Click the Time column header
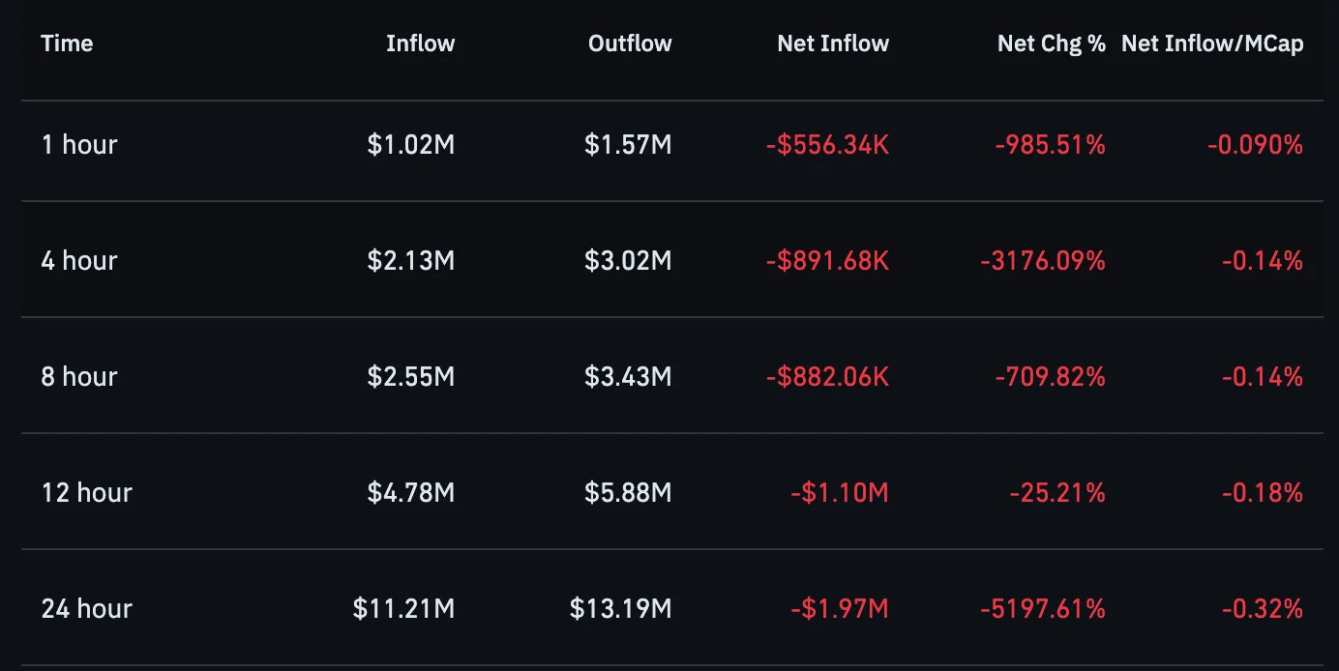(x=67, y=44)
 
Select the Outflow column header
(x=630, y=44)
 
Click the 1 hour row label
(x=79, y=145)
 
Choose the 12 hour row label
(x=87, y=493)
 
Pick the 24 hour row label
(x=87, y=609)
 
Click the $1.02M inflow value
(x=410, y=145)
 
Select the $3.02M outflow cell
(x=628, y=260)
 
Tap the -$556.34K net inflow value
(x=827, y=145)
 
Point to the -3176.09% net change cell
(x=1043, y=260)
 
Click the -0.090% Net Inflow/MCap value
(x=1256, y=145)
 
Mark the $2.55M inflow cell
(x=410, y=376)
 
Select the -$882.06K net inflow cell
(x=827, y=376)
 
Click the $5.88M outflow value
(x=628, y=493)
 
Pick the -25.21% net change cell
(x=1057, y=493)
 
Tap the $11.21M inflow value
(x=403, y=609)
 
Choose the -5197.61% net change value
(x=1043, y=609)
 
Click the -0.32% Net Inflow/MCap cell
(x=1263, y=609)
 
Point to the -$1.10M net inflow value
(x=839, y=493)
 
